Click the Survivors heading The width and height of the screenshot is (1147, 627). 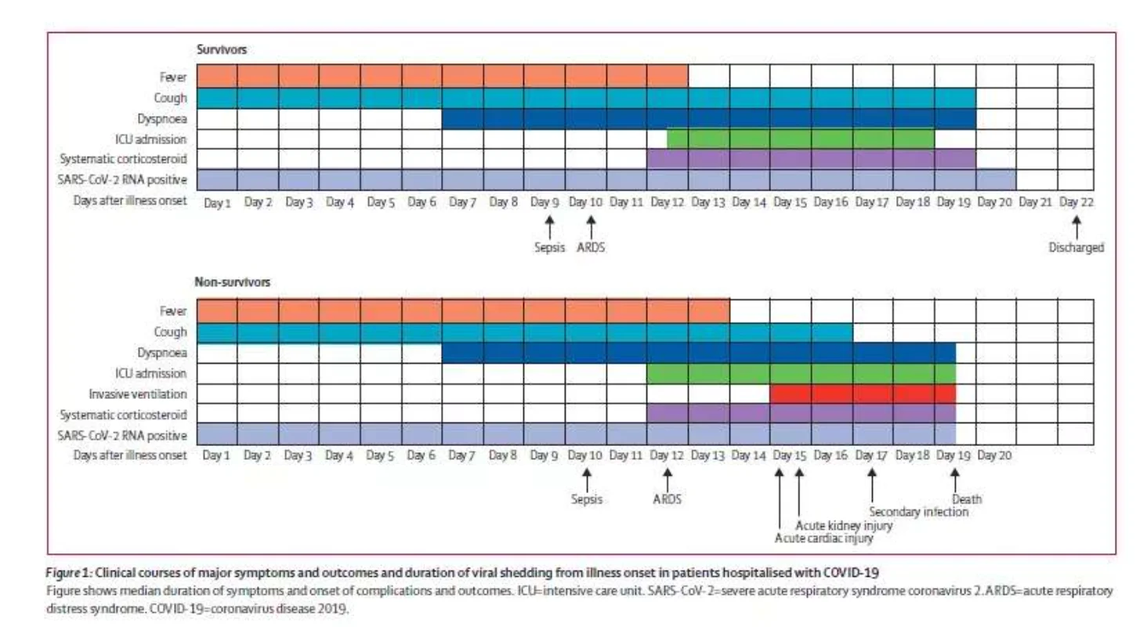(222, 49)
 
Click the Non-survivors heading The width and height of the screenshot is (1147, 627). (233, 282)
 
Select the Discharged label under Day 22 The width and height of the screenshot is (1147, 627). (1076, 248)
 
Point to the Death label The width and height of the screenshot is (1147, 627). (966, 498)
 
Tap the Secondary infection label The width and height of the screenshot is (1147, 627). (918, 512)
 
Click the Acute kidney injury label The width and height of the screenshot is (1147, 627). (844, 525)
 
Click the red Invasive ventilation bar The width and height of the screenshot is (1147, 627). (862, 393)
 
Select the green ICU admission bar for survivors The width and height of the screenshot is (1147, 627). (800, 139)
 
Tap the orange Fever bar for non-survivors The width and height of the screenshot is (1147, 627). (462, 311)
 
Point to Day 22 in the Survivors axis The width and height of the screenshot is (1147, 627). (1076, 201)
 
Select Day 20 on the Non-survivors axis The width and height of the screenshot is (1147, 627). (994, 455)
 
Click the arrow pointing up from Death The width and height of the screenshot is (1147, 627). (955, 479)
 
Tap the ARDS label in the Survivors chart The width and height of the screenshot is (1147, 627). (590, 248)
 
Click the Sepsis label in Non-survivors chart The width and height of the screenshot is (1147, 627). (586, 498)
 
